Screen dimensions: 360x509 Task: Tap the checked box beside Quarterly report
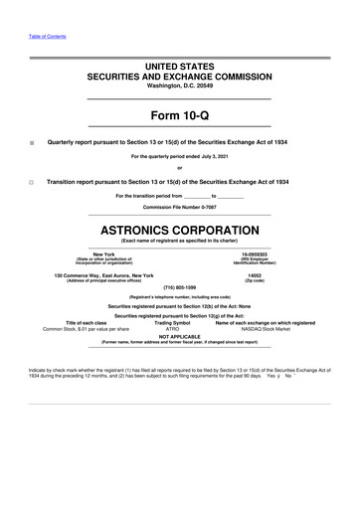(32, 143)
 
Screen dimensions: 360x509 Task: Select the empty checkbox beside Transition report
(32, 183)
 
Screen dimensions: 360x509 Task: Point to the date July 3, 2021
(238, 156)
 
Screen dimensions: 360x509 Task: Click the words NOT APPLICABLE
(180, 335)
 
